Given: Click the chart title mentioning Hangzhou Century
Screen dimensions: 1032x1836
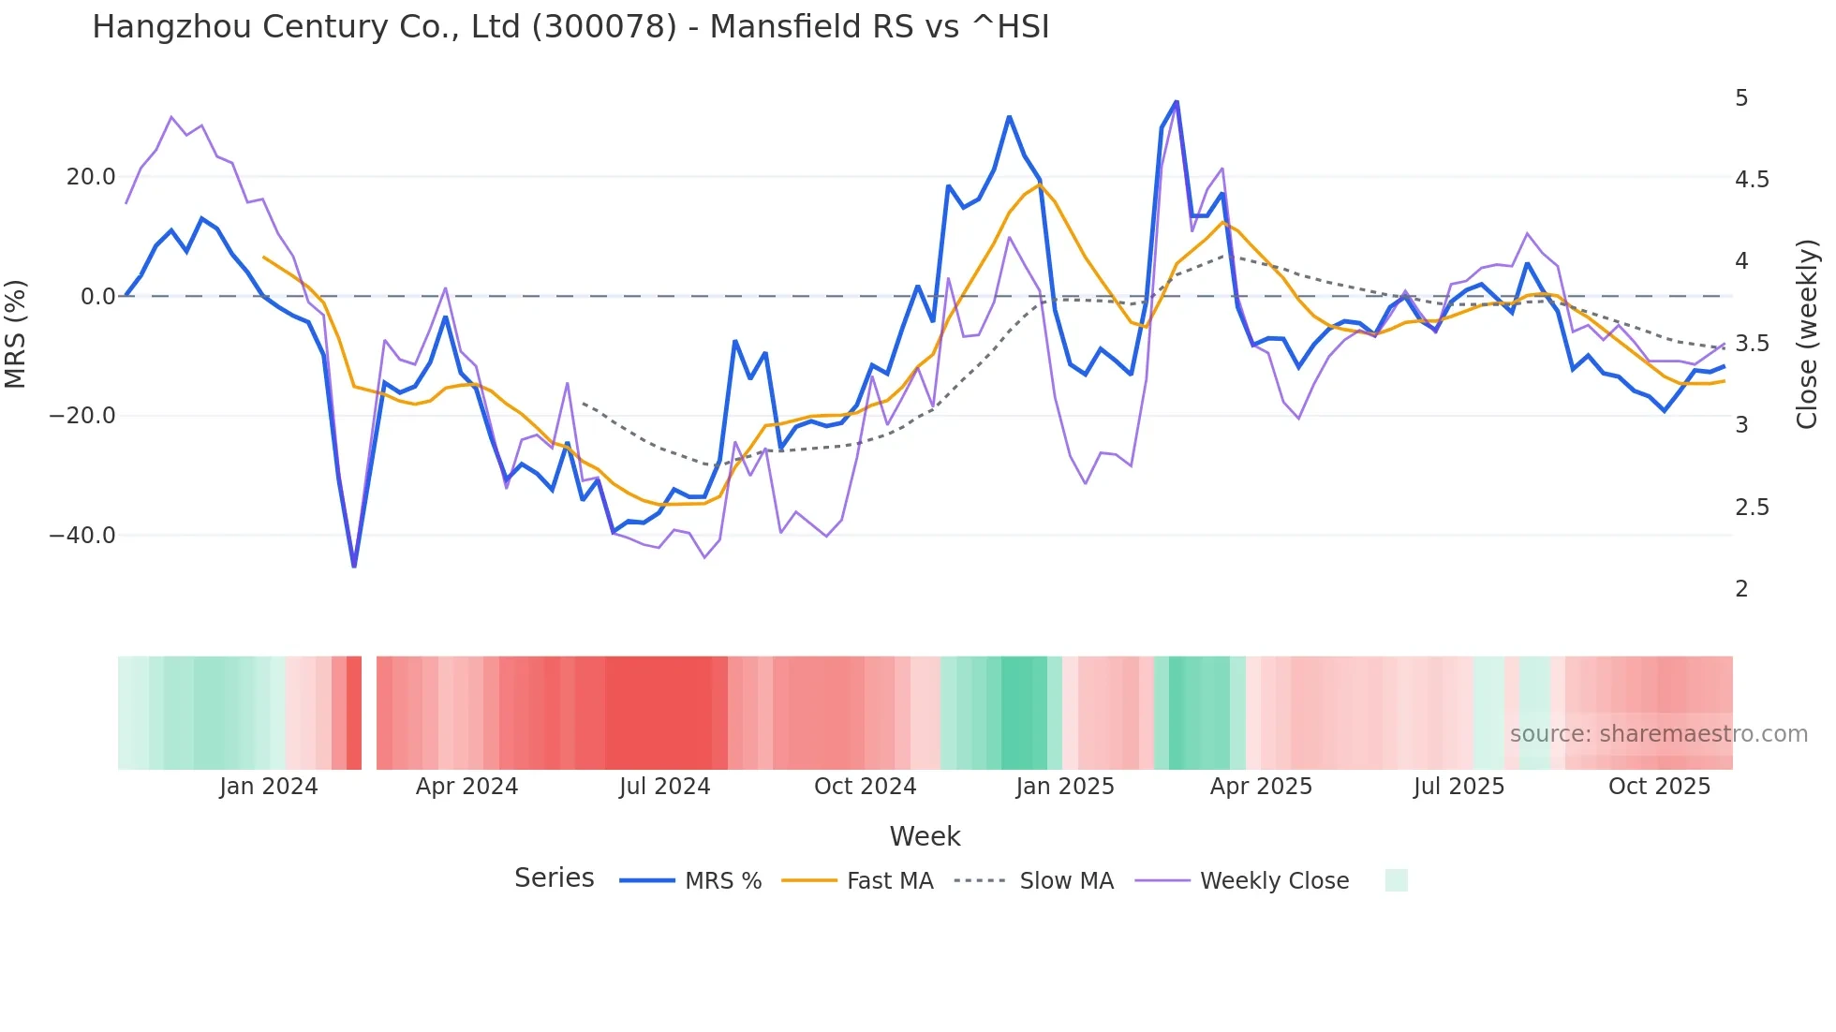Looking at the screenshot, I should [570, 27].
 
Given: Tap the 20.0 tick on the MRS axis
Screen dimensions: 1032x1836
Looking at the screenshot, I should [91, 177].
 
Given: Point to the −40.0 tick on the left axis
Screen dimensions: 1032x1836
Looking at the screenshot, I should [82, 536].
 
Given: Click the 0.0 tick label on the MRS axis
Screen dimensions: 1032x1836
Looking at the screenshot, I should [98, 297].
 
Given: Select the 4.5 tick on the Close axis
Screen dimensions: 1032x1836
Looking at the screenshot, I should [1752, 180].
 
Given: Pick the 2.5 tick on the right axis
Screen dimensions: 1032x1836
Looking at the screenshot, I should [1752, 508].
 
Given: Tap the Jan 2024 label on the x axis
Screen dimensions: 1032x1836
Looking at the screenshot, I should [269, 787].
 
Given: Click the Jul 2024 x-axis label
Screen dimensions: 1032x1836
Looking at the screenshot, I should [665, 787].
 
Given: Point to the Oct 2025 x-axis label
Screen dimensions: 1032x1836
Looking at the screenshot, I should [1659, 787].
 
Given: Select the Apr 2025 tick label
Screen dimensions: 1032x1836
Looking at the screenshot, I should [1261, 787].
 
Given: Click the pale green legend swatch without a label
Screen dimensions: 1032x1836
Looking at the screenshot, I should [1396, 880].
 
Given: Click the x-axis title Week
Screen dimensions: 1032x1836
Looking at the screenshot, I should [925, 836].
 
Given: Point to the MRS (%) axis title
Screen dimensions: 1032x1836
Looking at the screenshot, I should [15, 334].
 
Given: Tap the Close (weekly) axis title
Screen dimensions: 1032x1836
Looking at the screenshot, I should [1807, 334].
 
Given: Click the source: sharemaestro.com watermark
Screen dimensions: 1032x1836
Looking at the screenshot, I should [1658, 734].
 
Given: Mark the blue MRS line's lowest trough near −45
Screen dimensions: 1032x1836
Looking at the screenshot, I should [354, 566].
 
